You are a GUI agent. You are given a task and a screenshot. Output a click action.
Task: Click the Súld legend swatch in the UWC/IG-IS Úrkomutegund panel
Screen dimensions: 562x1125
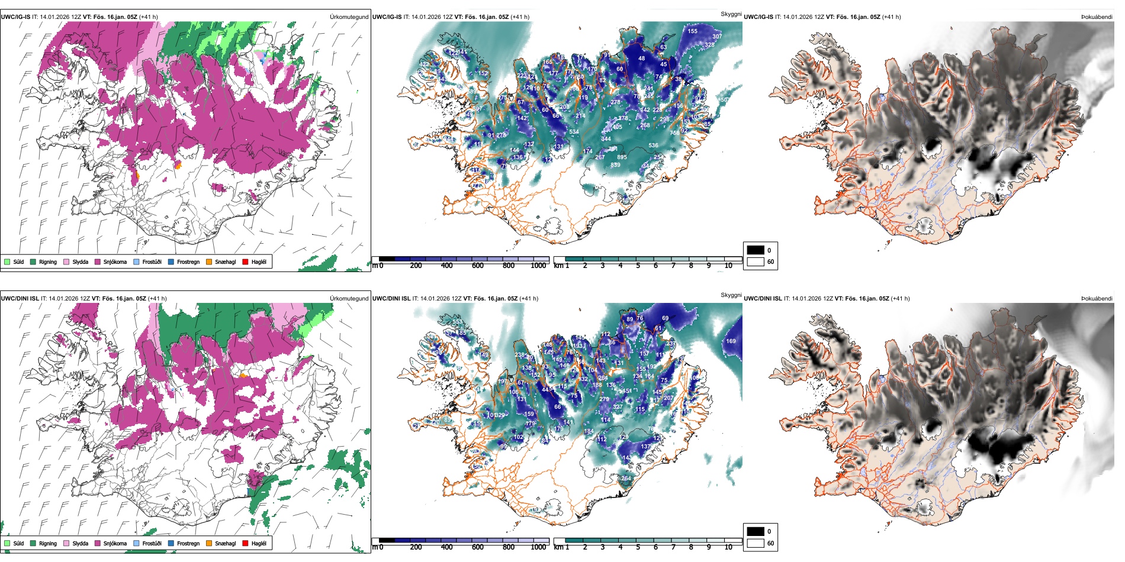pos(7,261)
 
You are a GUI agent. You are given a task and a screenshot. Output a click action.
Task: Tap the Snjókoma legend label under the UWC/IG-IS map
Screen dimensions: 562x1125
pos(115,261)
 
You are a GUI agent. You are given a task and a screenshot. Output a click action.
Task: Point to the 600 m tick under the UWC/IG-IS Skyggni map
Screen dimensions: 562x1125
pos(478,266)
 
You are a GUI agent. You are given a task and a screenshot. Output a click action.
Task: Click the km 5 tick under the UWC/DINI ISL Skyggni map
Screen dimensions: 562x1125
pos(638,547)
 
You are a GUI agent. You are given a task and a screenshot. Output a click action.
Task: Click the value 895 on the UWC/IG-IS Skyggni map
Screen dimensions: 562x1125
pos(622,157)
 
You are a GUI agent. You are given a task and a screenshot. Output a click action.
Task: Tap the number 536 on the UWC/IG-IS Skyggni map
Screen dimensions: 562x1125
pos(653,145)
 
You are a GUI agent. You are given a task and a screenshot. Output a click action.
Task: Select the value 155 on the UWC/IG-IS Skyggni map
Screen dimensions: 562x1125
pos(692,31)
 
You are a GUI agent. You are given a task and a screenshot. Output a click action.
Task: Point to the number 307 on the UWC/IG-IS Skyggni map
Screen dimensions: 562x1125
pos(717,37)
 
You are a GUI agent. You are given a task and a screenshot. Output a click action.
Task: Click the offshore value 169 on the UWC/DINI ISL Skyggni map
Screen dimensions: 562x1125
pos(731,341)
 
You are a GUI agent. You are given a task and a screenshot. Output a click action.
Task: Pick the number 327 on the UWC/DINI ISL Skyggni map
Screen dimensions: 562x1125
pos(618,407)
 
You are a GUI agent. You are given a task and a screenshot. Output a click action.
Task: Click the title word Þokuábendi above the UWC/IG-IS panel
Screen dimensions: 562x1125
pos(1097,17)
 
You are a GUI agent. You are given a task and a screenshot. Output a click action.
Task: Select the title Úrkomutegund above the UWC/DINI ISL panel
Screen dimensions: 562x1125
pos(349,299)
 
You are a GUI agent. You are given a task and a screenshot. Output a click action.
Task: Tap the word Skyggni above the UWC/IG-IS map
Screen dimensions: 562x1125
pos(731,14)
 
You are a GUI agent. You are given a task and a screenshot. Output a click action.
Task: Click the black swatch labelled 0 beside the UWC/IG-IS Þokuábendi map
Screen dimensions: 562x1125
pos(755,250)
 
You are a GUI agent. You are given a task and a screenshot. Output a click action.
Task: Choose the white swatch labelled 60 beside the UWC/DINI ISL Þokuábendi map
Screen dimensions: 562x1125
pos(755,543)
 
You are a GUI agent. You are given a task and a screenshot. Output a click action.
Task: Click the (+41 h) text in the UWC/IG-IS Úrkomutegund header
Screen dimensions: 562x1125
pos(148,17)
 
